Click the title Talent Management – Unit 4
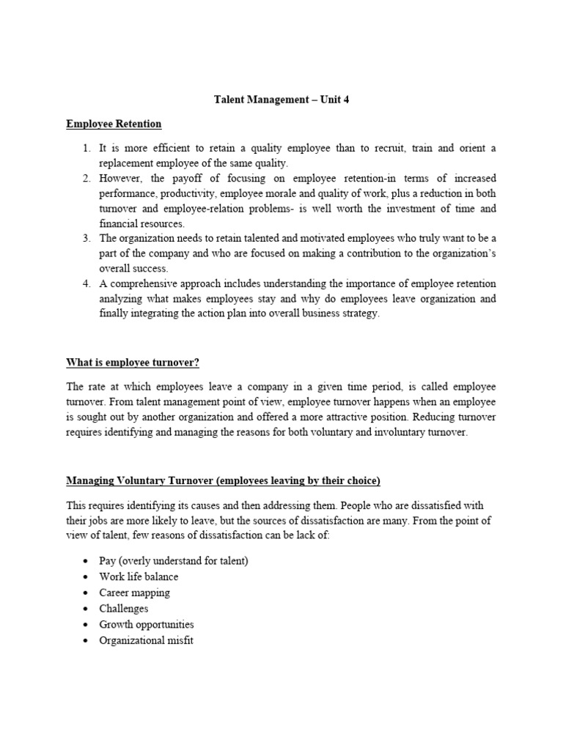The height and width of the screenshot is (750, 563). tap(281, 100)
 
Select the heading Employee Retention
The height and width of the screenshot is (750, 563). tap(114, 124)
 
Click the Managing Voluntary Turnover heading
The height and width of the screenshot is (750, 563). tap(223, 481)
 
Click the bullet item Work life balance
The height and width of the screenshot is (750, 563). tap(139, 576)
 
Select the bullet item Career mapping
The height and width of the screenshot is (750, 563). tap(134, 593)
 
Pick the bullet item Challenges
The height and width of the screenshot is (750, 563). tap(124, 609)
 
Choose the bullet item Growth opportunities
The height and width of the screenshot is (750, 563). tap(147, 625)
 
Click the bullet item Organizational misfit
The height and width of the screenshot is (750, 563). tap(147, 641)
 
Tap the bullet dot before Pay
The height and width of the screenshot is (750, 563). tap(86, 561)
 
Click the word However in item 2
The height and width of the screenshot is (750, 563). tap(121, 178)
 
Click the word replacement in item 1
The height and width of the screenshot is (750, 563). tap(128, 163)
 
